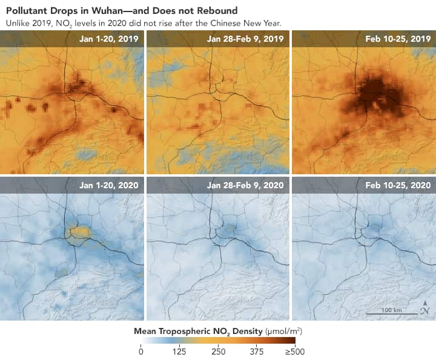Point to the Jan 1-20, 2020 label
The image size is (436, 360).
109,185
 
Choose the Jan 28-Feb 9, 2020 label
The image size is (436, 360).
245,185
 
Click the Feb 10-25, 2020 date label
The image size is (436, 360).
398,185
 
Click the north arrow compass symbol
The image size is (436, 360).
425,310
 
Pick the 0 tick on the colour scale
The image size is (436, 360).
141,352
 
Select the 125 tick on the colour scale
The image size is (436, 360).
179,352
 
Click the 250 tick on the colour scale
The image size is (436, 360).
218,352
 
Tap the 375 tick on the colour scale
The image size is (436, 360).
257,352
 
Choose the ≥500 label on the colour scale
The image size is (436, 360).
294,352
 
